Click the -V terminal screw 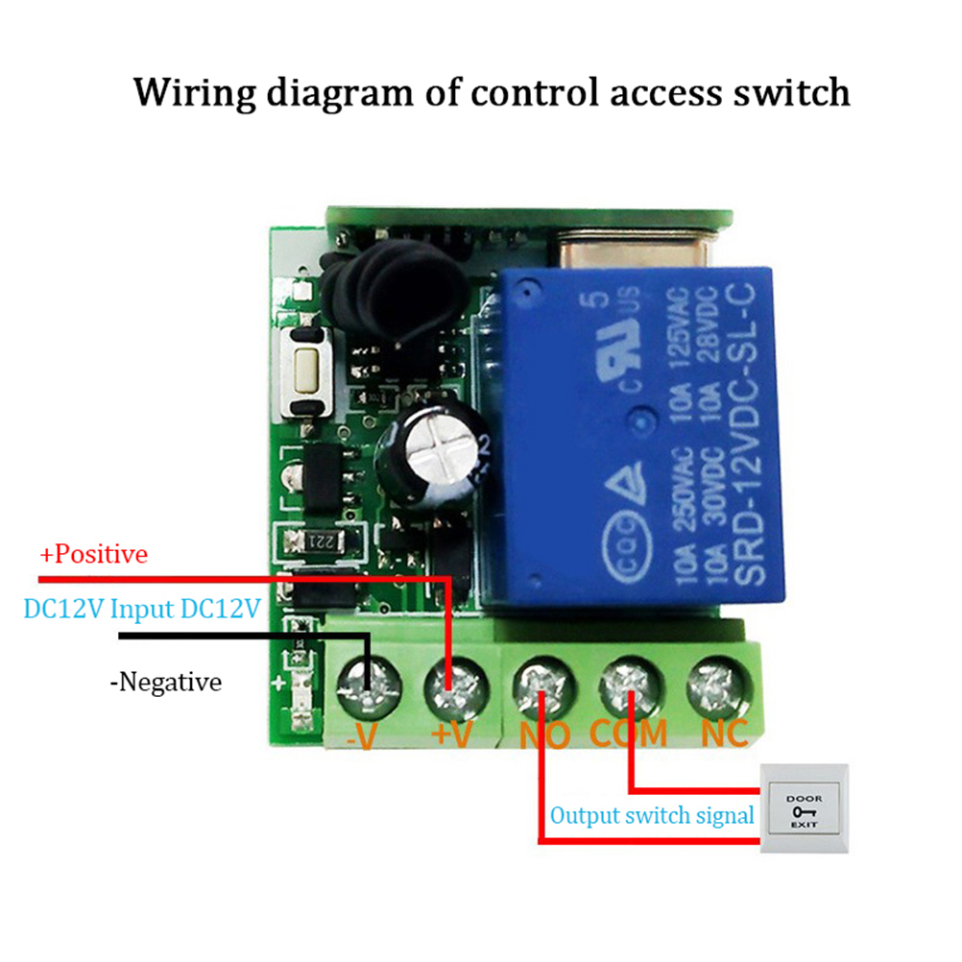(369, 683)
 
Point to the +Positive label (93, 555)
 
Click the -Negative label (165, 683)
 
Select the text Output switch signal (652, 816)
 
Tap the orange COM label (628, 734)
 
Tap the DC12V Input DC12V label (141, 609)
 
